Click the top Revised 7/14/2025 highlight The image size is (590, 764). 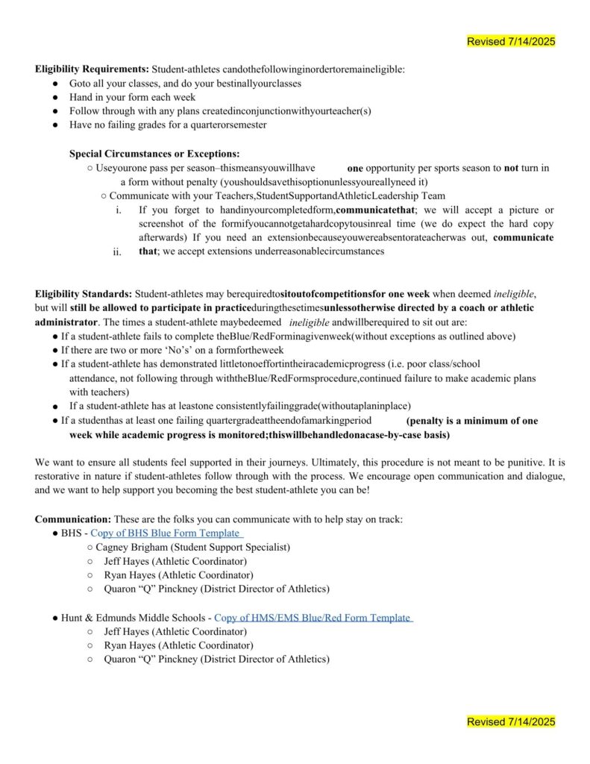pos(511,42)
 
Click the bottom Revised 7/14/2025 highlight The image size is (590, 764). pos(511,721)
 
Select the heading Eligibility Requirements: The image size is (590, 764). pos(92,69)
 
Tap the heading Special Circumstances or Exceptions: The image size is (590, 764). pos(154,154)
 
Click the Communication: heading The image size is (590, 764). pos(72,519)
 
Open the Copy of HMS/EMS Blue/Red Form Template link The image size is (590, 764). pos(313,618)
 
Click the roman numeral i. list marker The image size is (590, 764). pos(119,210)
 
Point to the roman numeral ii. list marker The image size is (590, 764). pos(117,252)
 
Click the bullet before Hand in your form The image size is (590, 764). pos(56,98)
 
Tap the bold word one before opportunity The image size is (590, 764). pos(355,169)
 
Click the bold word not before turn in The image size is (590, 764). pos(511,169)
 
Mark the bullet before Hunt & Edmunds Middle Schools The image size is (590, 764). pos(56,619)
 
